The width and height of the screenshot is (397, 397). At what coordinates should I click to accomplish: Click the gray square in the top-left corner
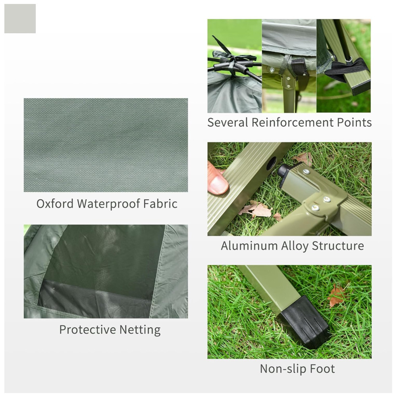[20, 19]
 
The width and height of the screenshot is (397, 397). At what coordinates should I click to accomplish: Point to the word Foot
[322, 369]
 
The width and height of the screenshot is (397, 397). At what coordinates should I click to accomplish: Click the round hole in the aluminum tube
[271, 163]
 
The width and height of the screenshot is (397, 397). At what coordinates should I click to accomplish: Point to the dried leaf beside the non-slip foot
[336, 296]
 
